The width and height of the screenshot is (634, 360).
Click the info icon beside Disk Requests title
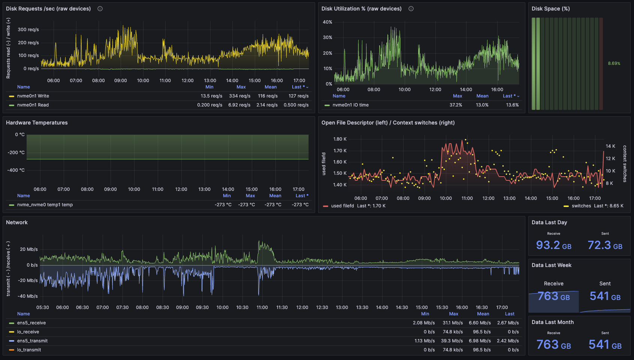(100, 9)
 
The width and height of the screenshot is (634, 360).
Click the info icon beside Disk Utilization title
(411, 9)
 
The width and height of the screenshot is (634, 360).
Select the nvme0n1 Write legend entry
(33, 96)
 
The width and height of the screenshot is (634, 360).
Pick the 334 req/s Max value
(239, 96)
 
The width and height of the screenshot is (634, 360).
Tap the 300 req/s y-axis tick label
(28, 30)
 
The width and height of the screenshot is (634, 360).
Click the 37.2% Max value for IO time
(456, 105)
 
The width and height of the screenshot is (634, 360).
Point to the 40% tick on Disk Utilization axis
(327, 22)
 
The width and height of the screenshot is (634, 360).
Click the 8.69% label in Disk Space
(614, 63)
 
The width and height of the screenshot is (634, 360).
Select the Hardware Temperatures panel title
(37, 123)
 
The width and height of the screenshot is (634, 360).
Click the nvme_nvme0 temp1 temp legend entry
(45, 205)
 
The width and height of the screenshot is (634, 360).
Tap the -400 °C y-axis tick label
(16, 170)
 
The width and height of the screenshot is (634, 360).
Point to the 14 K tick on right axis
(610, 146)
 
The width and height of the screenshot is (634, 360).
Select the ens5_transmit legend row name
(32, 341)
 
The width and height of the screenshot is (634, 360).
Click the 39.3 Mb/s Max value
(452, 341)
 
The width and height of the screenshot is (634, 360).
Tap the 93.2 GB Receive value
(553, 245)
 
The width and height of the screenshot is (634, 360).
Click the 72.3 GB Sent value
(605, 245)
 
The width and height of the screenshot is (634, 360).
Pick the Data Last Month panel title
(552, 322)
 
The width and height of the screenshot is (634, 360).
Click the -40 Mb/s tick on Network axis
(28, 296)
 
